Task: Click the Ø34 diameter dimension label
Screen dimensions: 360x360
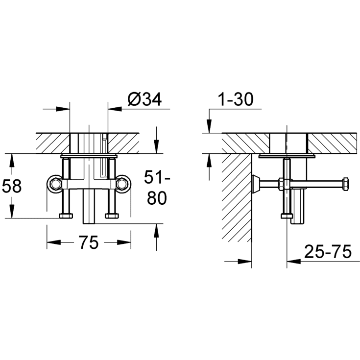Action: [144, 99]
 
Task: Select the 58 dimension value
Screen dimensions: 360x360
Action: [12, 186]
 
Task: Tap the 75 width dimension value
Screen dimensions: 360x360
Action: [89, 242]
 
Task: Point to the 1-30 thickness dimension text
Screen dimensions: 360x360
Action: [236, 99]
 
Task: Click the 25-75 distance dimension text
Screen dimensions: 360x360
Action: [328, 251]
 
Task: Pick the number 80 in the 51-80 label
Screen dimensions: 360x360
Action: [157, 198]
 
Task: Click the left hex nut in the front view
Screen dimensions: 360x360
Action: [55, 184]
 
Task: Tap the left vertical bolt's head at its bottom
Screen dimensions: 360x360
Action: [66, 216]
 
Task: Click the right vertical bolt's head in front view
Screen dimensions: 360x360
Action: [112, 216]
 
